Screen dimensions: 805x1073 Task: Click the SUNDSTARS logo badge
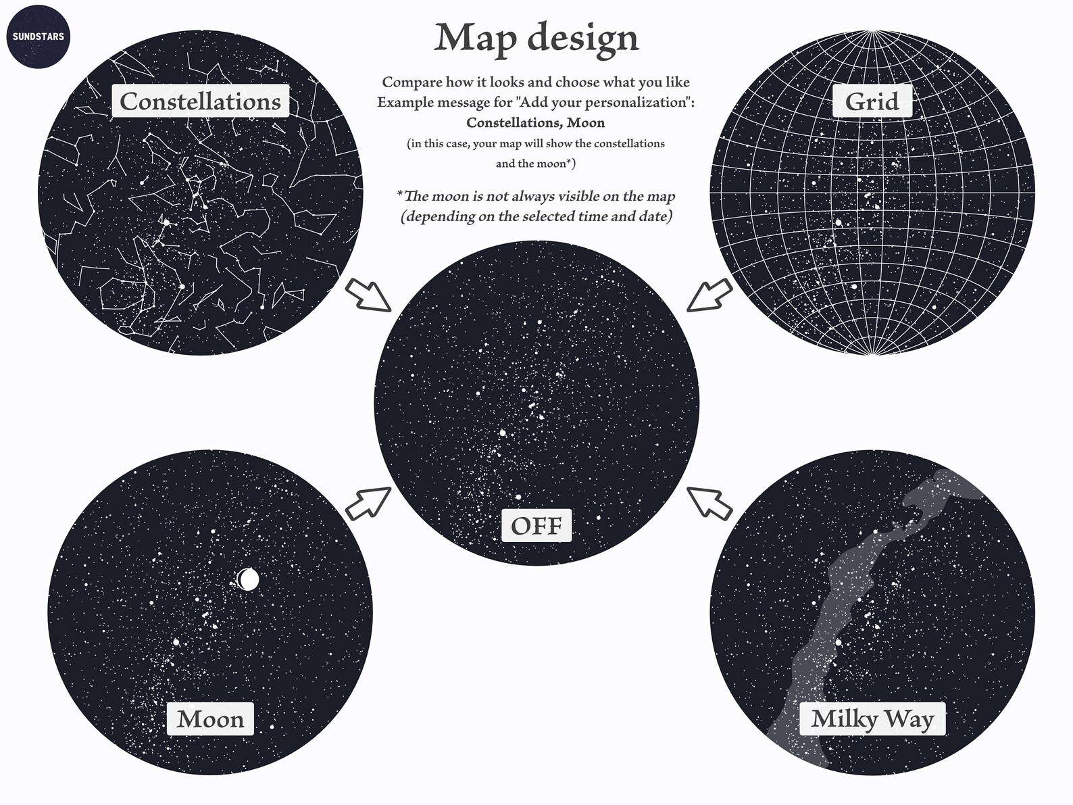(38, 36)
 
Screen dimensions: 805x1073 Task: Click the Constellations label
(200, 101)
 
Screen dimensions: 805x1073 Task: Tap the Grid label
(872, 101)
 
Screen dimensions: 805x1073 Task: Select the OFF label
(536, 526)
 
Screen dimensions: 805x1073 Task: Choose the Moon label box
(210, 719)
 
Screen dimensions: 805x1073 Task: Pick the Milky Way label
(872, 719)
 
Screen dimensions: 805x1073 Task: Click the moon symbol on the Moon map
(248, 579)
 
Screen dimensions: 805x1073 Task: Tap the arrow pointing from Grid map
(709, 295)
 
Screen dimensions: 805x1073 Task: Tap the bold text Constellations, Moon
(535, 123)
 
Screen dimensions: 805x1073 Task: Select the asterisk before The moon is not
(400, 195)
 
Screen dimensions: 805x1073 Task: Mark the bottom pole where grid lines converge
(872, 353)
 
